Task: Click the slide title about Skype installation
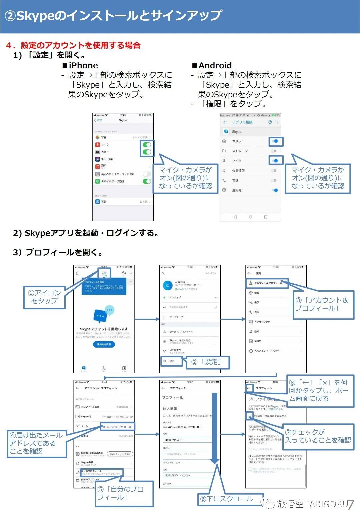point(113,16)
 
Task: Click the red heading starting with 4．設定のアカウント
point(73,45)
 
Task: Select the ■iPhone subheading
point(80,65)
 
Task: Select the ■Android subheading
point(212,65)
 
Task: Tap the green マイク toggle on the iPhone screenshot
point(147,145)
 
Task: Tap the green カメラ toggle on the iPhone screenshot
point(147,152)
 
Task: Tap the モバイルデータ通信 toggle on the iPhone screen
point(147,181)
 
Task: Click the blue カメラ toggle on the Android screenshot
point(275,141)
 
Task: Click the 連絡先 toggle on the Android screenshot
point(275,190)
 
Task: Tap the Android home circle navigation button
point(250,217)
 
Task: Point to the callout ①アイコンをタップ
point(44,297)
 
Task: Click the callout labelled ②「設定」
point(207,362)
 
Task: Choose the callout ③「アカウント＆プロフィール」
point(321,304)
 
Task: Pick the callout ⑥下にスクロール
point(230,499)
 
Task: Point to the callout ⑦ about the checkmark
point(318,436)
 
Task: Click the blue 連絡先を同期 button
point(104,344)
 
